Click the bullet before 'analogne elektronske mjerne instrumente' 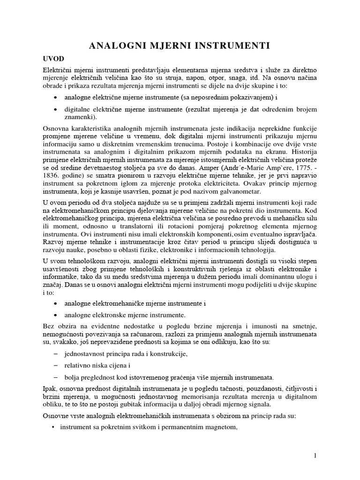pos(56,315)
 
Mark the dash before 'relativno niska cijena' pos(56,364)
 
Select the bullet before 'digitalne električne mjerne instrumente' pos(56,109)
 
